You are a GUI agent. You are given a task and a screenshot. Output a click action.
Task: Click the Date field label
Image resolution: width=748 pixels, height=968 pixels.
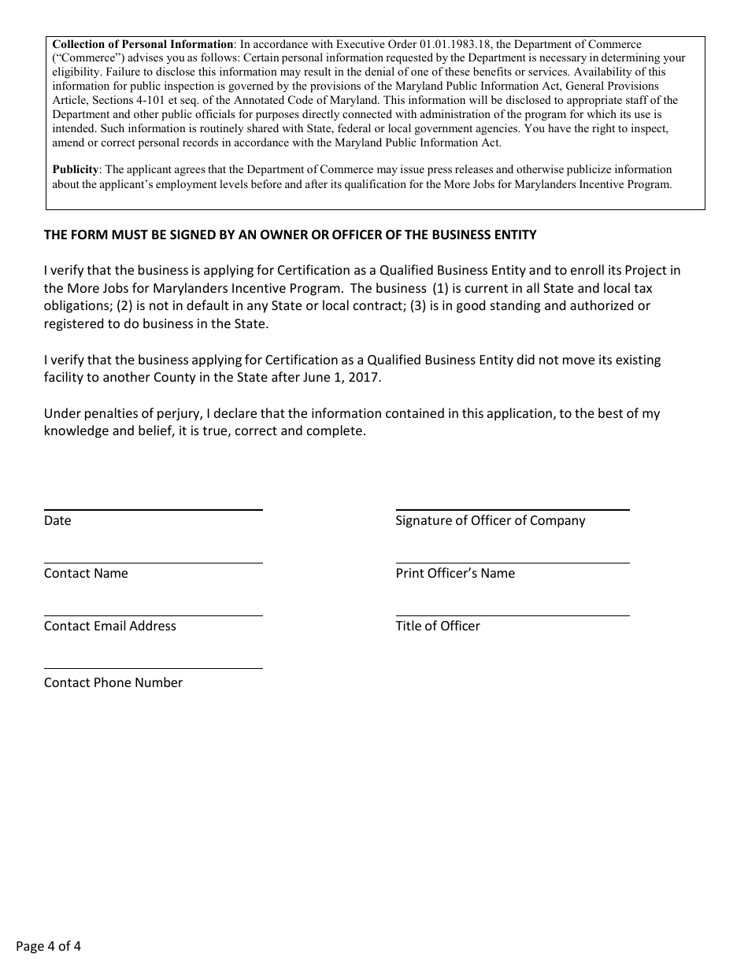[x=57, y=520]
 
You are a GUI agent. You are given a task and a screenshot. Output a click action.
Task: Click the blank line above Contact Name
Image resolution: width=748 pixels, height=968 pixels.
[x=153, y=562]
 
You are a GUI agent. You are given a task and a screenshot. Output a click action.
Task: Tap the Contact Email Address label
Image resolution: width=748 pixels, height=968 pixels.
[x=110, y=626]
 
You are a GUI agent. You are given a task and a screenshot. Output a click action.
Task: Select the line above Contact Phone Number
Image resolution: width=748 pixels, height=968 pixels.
[x=153, y=667]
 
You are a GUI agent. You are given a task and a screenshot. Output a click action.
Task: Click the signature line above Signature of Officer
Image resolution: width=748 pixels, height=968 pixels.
[x=512, y=509]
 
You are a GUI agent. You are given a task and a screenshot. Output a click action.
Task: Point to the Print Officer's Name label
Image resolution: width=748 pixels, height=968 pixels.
[x=455, y=573]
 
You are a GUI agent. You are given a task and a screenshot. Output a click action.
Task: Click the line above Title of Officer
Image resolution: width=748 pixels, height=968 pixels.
[x=512, y=615]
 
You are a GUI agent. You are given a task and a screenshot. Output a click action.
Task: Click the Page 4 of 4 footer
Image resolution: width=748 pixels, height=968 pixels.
[x=48, y=946]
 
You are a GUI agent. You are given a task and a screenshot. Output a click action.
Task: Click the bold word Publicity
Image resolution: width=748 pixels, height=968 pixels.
[x=76, y=169]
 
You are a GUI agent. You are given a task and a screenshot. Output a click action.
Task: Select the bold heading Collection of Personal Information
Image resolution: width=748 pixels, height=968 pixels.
[x=143, y=44]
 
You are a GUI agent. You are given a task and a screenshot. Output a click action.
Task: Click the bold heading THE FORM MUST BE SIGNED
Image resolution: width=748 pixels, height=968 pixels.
[x=290, y=235]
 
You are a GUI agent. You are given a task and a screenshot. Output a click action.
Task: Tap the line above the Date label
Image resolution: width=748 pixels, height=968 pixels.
[x=153, y=509]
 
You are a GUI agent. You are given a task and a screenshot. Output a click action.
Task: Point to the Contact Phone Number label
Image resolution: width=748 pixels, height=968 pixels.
[x=113, y=682]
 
